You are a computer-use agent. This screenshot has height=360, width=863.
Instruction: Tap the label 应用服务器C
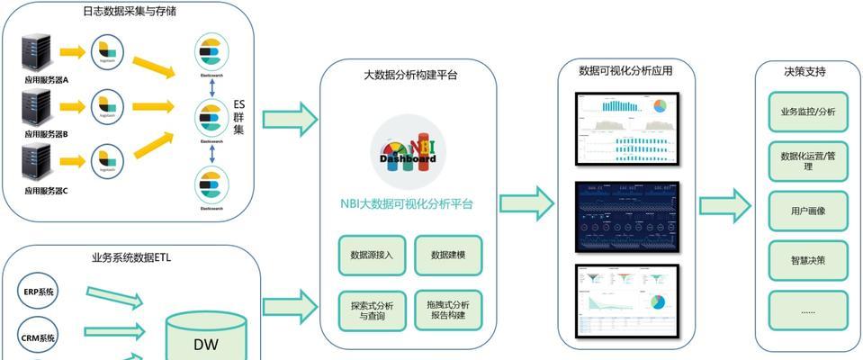tap(46, 191)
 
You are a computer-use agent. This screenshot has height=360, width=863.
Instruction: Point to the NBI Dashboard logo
tap(408, 149)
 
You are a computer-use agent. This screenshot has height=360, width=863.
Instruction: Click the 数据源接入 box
tap(372, 256)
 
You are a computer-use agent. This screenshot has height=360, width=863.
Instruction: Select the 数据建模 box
tap(448, 256)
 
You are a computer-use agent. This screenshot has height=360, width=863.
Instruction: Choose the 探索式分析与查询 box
tap(372, 310)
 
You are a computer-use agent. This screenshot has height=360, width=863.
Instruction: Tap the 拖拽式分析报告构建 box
tap(448, 310)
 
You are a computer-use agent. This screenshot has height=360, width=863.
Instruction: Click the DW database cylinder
tap(205, 337)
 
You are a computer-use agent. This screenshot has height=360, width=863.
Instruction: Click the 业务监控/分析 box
tap(807, 112)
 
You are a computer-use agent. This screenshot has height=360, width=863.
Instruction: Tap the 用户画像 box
tap(807, 211)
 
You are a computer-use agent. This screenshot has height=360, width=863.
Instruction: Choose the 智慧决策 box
tap(807, 261)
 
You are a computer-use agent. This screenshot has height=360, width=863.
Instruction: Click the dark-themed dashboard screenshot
tap(627, 216)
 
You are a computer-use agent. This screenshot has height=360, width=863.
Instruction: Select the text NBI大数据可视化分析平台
tap(408, 204)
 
